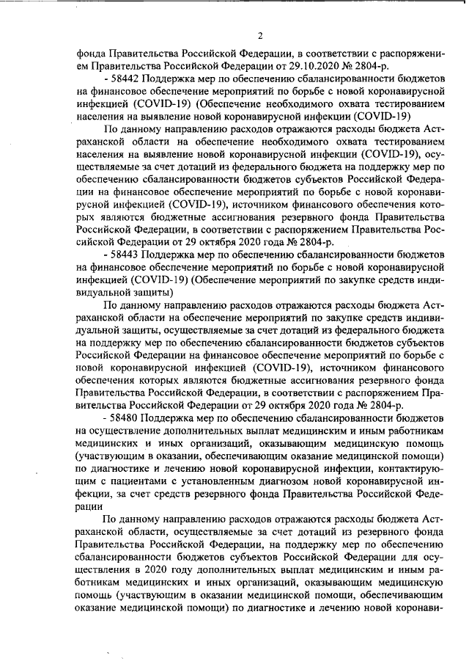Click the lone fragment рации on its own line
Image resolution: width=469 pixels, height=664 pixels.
pos(89,506)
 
